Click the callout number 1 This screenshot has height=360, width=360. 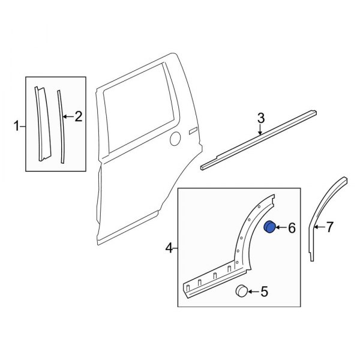click(x=16, y=125)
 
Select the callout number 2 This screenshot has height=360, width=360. click(x=78, y=117)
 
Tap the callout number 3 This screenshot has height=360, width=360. click(x=260, y=119)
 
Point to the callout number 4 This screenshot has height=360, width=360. click(x=169, y=247)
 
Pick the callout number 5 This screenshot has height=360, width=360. click(x=265, y=292)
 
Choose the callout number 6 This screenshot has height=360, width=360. click(x=292, y=228)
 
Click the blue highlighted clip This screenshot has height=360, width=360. click(x=271, y=227)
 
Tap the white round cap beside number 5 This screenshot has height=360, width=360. click(x=242, y=291)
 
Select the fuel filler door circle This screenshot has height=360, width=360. click(x=175, y=139)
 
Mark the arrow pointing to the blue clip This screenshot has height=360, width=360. click(x=282, y=228)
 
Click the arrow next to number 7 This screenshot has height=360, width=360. click(x=320, y=227)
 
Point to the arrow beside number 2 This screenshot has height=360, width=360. click(x=68, y=117)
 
